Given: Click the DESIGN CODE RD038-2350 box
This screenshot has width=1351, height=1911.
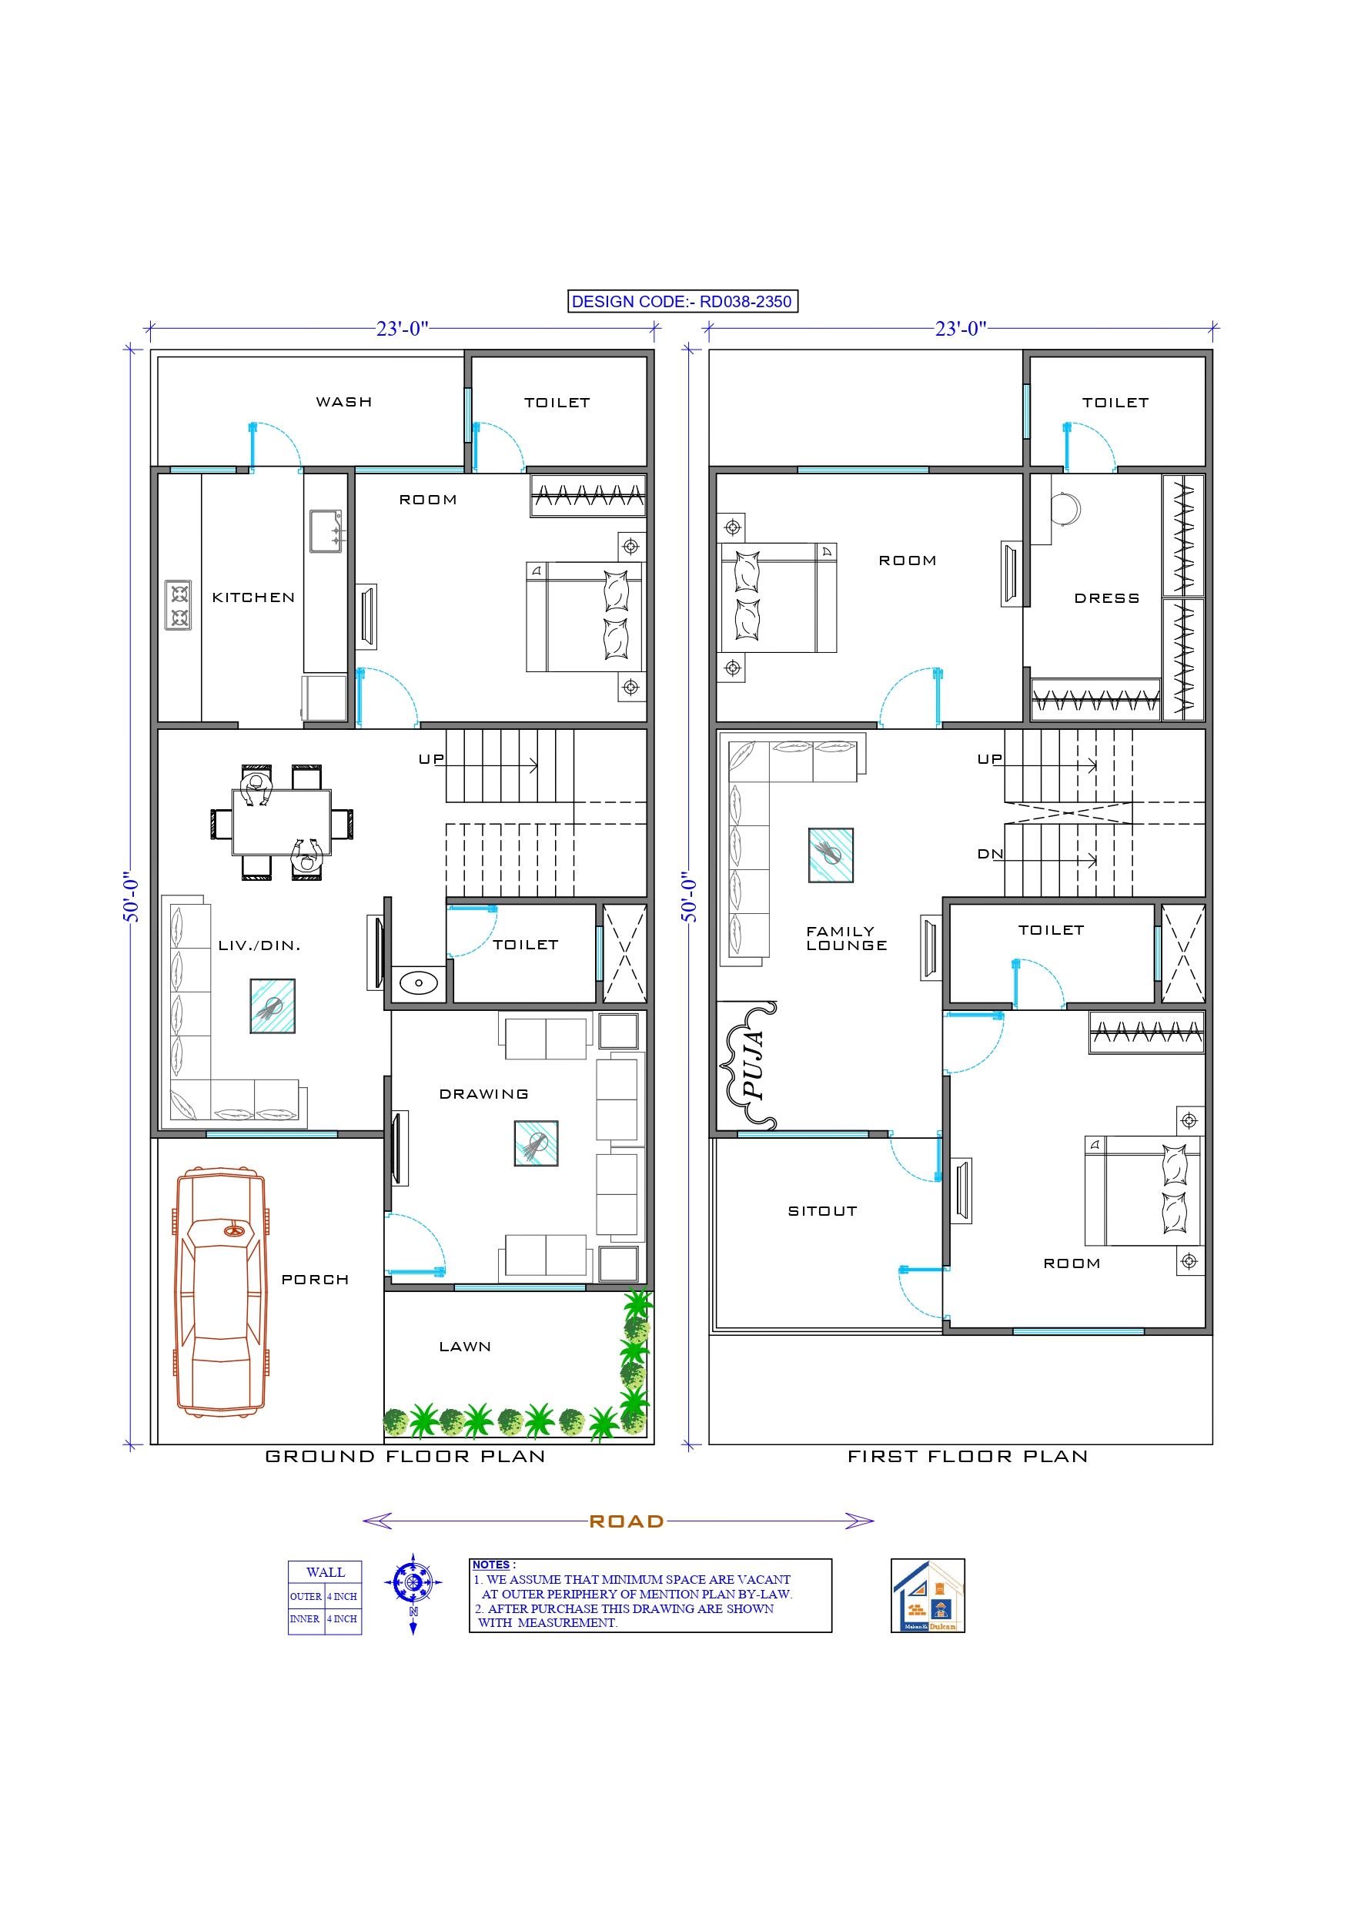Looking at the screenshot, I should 682,301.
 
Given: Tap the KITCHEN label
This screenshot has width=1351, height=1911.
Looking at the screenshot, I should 253,597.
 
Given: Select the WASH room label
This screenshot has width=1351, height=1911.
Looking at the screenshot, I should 344,402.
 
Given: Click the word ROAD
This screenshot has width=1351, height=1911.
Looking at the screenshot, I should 626,1521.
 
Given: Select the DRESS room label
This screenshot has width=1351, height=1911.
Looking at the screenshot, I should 1106,598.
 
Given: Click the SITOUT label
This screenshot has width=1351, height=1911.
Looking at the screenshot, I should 821,1211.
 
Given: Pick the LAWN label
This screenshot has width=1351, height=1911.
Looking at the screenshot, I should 464,1347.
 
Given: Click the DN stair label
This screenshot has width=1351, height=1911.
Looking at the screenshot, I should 990,854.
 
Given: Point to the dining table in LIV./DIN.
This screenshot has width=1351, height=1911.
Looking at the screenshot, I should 281,822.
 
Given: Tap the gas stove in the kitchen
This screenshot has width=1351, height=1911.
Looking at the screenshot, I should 178,605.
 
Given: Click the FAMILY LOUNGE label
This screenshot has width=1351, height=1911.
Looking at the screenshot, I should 846,939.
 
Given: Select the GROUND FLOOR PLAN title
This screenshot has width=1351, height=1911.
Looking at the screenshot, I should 406,1457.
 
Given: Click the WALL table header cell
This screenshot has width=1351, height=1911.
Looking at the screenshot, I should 325,1572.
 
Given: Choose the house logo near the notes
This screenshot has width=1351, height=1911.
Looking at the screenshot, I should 928,1595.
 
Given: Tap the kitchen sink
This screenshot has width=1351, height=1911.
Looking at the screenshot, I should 325,531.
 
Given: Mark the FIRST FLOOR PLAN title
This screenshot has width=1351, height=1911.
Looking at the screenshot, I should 968,1457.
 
